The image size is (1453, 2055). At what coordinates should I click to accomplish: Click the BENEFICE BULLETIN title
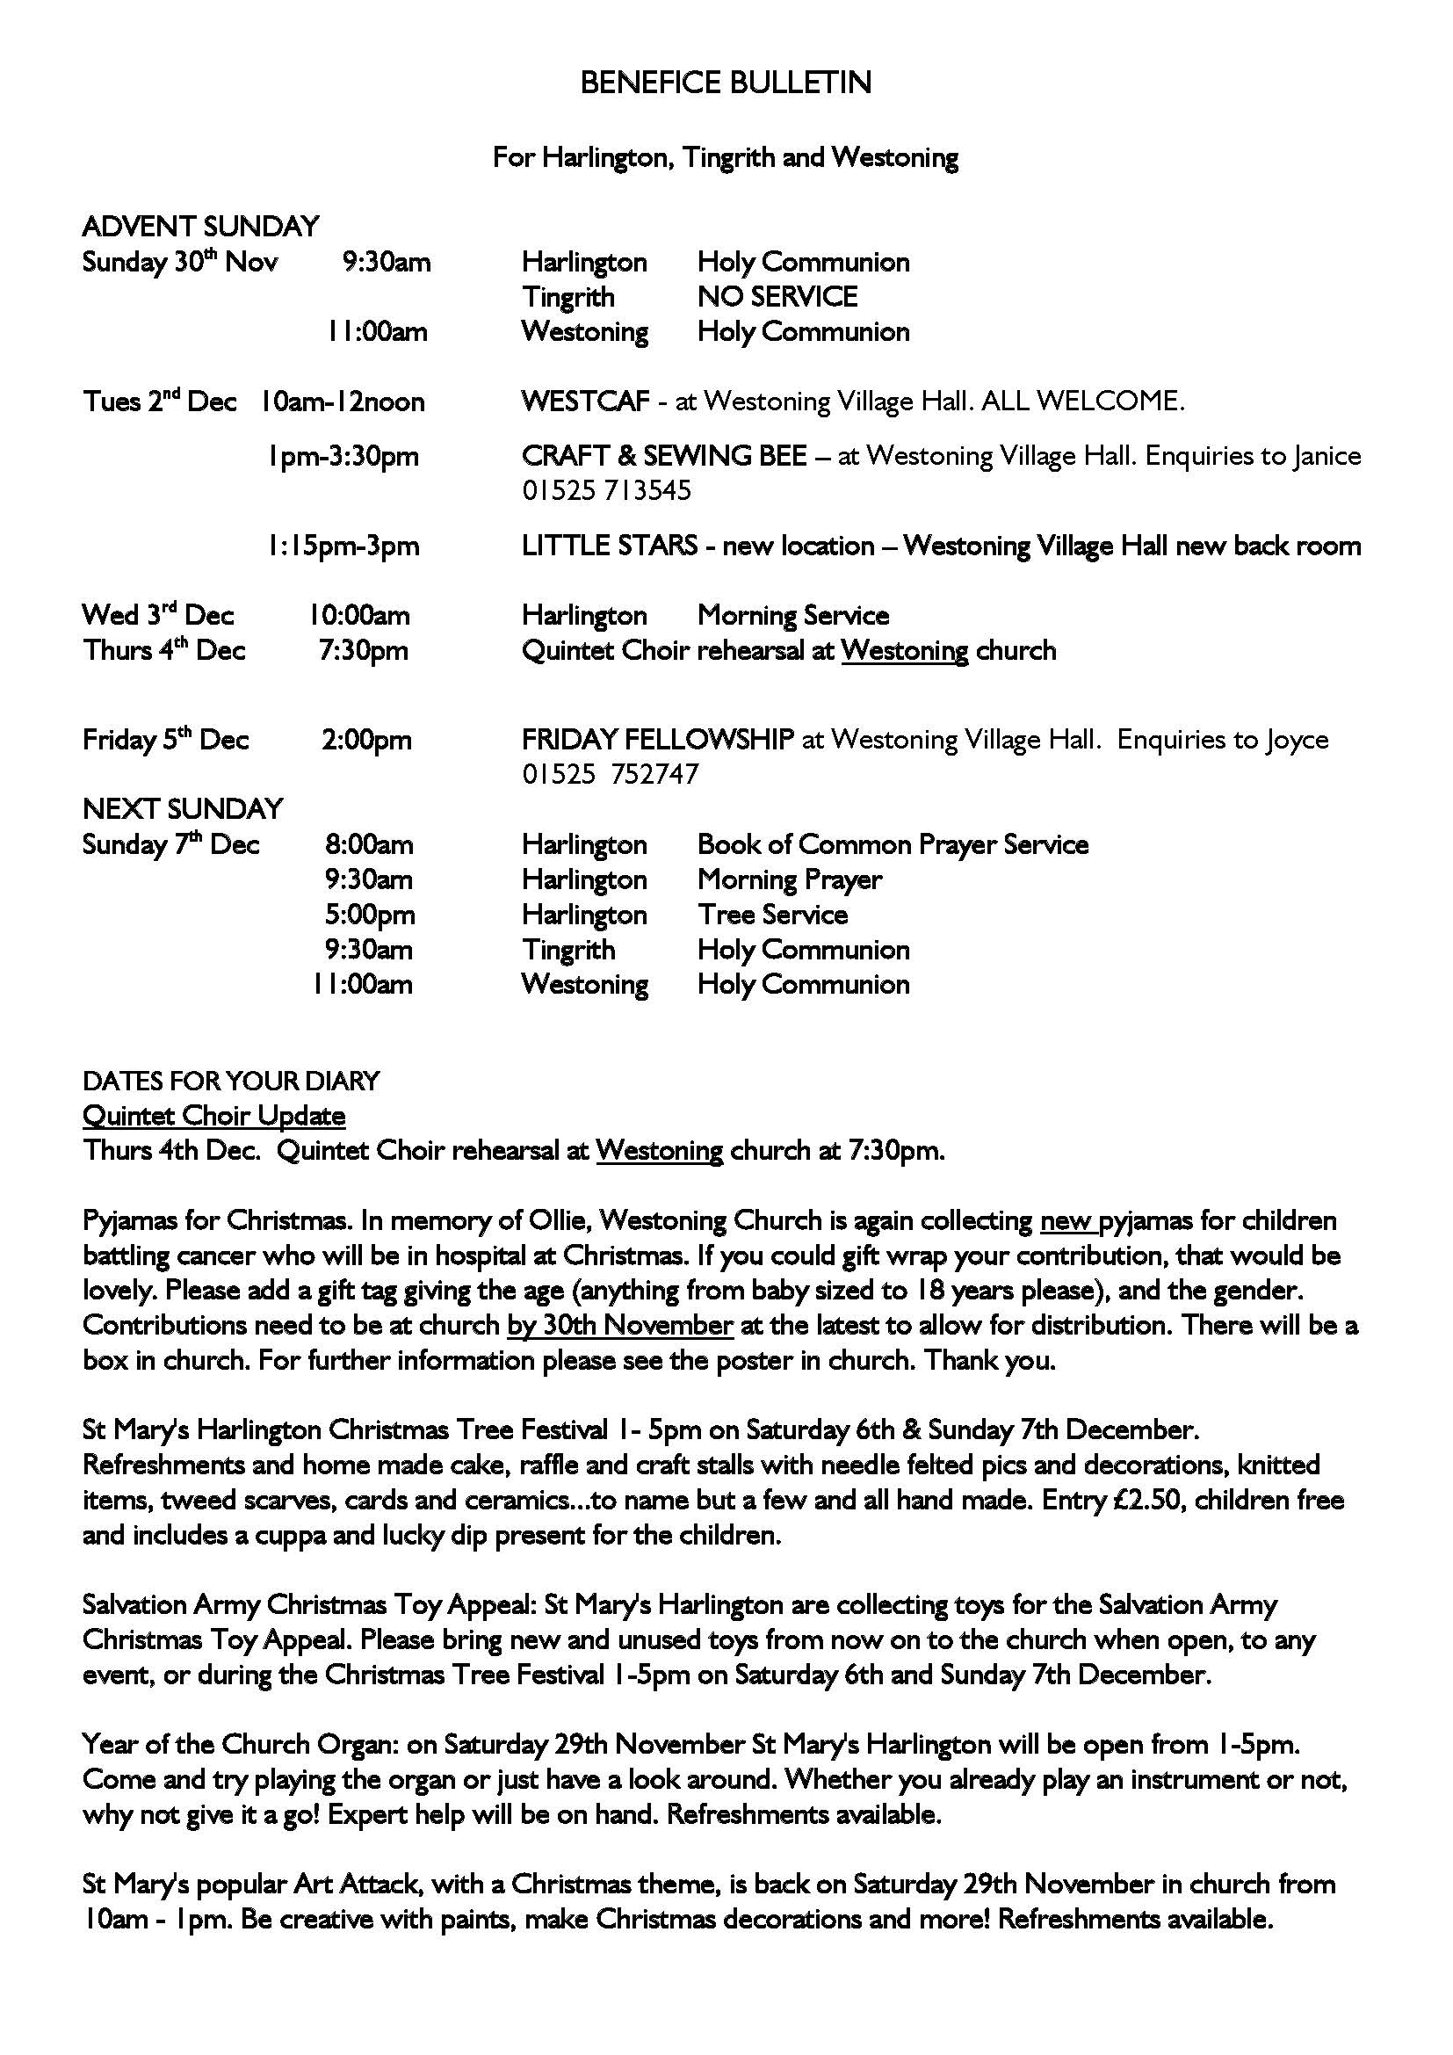tap(726, 83)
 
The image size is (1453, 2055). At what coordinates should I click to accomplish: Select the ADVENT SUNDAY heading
tap(200, 227)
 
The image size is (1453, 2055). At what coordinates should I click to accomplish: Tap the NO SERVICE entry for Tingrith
tap(777, 296)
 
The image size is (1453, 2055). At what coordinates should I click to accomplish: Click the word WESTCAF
tap(585, 401)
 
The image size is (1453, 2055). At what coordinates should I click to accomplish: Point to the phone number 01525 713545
tap(607, 490)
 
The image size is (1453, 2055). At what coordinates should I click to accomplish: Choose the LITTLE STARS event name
tap(610, 546)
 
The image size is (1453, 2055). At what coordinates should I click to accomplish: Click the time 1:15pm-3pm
tap(343, 546)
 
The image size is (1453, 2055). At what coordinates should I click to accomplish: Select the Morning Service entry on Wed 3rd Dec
tap(792, 616)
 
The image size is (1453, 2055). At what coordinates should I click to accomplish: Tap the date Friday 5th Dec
tap(165, 740)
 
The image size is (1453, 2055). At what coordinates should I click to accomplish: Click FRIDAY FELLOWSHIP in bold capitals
tap(658, 739)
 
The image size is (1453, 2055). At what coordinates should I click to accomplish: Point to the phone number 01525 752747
tap(611, 774)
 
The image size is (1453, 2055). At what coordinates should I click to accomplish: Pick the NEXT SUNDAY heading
tap(183, 809)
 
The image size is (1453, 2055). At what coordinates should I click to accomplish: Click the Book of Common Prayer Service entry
tap(892, 845)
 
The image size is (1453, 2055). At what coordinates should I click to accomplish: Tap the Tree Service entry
tap(772, 915)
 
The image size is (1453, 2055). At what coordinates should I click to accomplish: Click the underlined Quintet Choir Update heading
tap(213, 1116)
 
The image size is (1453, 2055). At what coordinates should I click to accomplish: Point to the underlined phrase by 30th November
tap(620, 1325)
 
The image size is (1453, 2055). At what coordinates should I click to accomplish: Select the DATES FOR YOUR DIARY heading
tap(231, 1082)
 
